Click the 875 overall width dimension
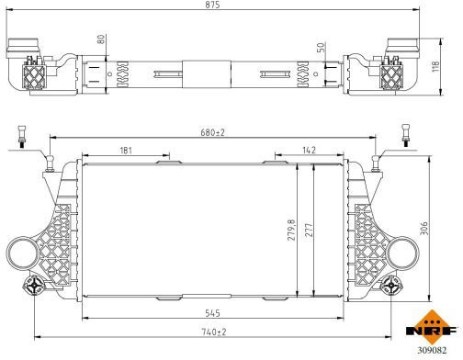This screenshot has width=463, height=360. (x=212, y=5)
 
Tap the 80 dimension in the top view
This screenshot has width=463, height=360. (x=101, y=39)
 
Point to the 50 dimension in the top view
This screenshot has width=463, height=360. (x=321, y=47)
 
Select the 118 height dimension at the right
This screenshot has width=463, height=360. (x=435, y=66)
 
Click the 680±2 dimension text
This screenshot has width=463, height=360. (x=212, y=132)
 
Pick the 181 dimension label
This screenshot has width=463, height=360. (x=126, y=151)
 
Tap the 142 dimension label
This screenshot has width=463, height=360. (x=309, y=150)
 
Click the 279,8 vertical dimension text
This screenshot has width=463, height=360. (x=291, y=230)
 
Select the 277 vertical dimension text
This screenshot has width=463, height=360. (x=309, y=230)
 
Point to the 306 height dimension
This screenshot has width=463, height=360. (x=424, y=229)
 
